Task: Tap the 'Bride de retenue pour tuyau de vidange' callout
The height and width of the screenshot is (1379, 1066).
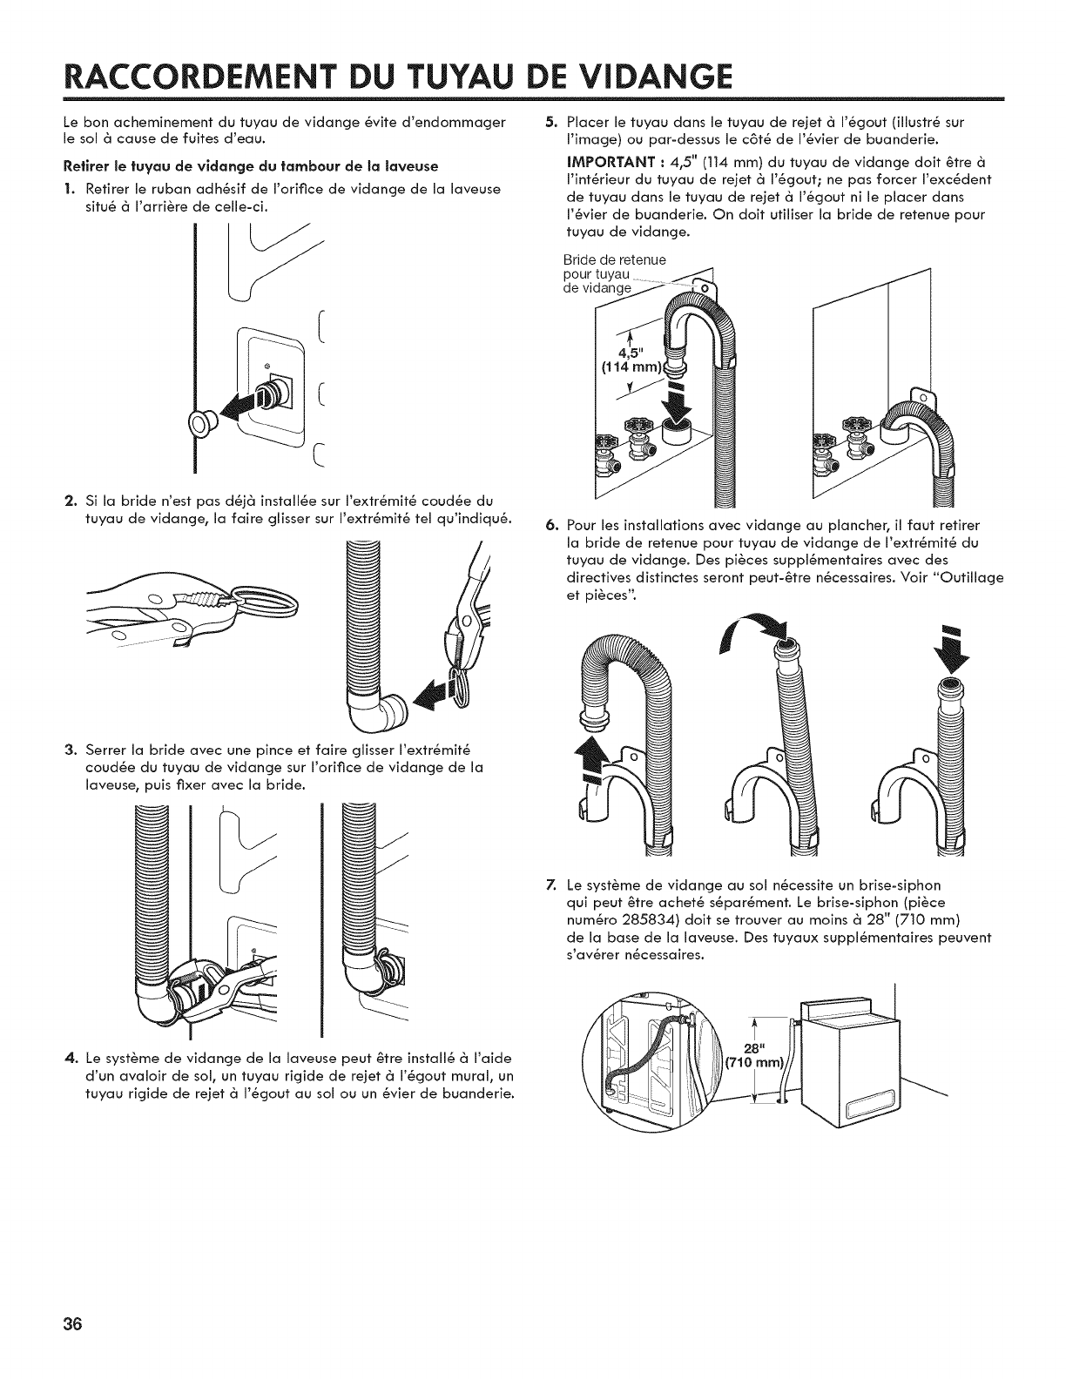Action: (x=614, y=273)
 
